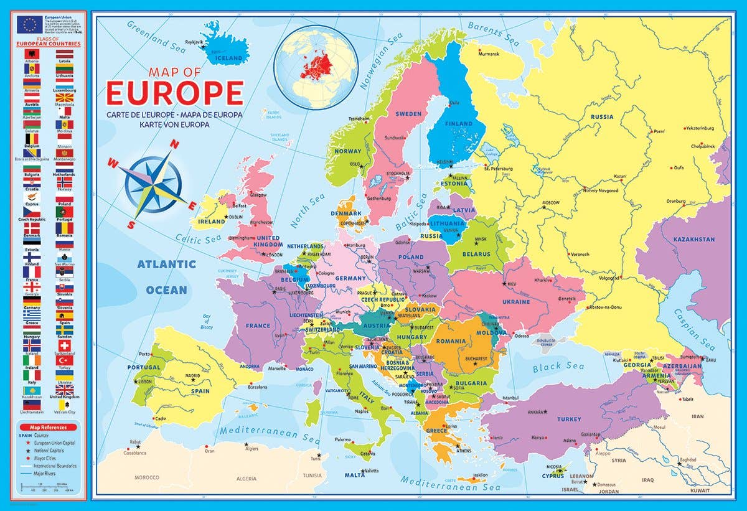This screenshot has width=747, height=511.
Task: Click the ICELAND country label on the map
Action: click(x=228, y=58)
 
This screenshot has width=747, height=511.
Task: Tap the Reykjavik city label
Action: click(x=194, y=42)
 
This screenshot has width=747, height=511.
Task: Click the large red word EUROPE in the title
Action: click(x=174, y=93)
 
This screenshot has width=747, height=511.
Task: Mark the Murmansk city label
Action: click(x=489, y=54)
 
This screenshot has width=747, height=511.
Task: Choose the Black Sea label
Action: click(x=558, y=367)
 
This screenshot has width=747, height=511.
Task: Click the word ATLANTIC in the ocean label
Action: click(x=167, y=264)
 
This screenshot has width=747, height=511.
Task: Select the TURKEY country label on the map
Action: click(x=569, y=419)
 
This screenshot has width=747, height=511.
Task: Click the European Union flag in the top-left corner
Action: click(x=29, y=24)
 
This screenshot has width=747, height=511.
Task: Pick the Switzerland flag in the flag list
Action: click(x=65, y=345)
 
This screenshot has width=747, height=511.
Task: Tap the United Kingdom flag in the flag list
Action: click(x=65, y=390)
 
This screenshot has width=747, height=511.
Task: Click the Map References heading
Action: click(x=47, y=428)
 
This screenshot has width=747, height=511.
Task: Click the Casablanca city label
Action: click(x=134, y=453)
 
